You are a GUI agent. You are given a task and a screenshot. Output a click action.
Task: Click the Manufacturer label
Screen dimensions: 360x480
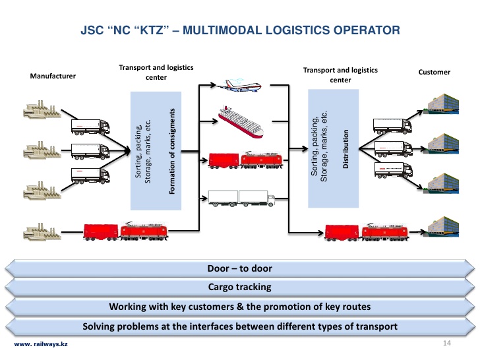[53, 76]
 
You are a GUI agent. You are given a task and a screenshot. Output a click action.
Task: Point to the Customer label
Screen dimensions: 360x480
[435, 72]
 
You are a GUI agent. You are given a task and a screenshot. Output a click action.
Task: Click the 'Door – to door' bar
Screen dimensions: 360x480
[239, 268]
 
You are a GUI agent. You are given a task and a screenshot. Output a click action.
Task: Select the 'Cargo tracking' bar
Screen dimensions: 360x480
[239, 287]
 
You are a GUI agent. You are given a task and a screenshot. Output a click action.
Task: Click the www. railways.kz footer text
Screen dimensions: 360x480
[41, 345]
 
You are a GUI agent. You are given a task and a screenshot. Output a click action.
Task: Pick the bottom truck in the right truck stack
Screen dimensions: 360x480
[393, 171]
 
